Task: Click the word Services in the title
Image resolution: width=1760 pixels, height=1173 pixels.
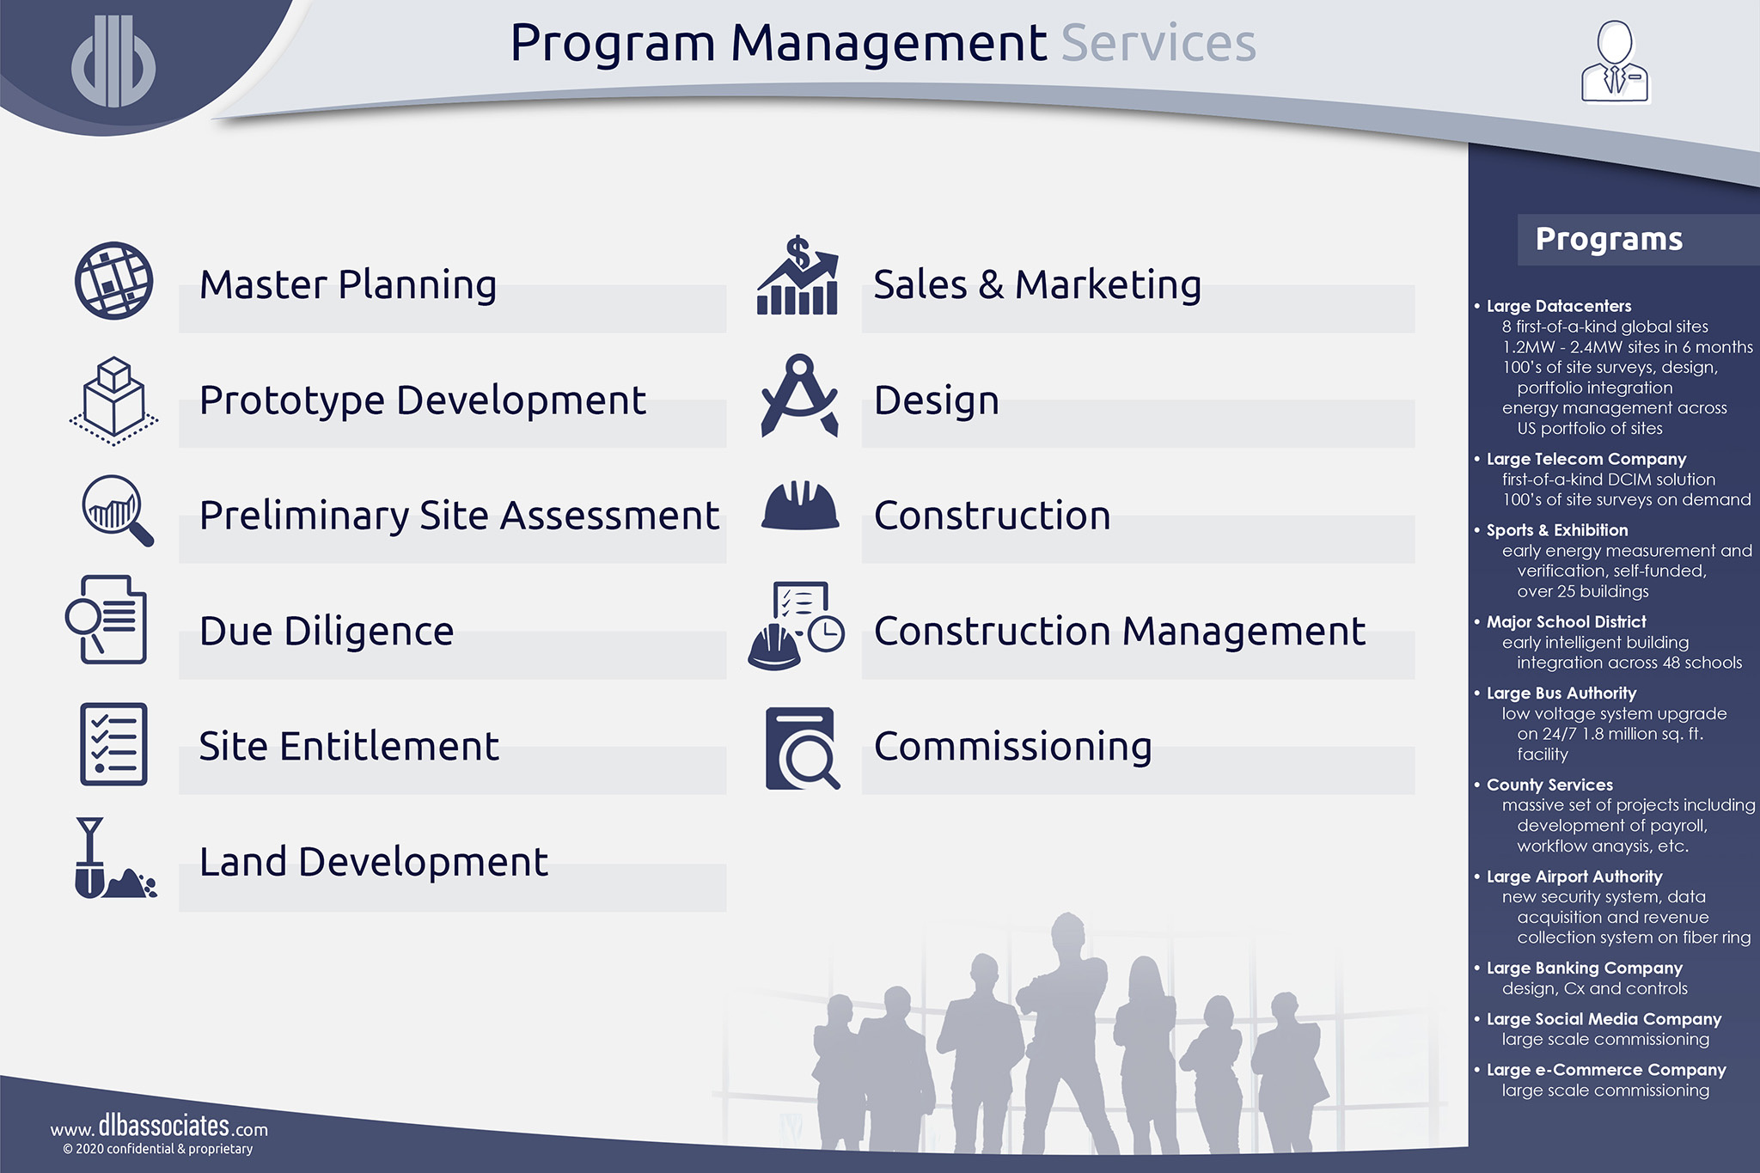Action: (x=1158, y=44)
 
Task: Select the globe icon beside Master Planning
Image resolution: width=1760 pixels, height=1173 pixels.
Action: (x=113, y=281)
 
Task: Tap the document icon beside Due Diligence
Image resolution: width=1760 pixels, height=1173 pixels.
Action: (x=107, y=620)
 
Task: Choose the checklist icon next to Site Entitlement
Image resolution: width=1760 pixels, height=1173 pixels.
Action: (x=113, y=744)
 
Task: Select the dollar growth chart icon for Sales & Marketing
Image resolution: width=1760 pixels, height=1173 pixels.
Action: (x=797, y=277)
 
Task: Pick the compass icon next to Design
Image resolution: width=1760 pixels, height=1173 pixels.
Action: (x=799, y=396)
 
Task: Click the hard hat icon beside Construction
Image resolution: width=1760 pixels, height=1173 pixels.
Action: (x=800, y=506)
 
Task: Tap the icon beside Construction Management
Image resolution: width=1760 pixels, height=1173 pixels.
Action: (x=797, y=626)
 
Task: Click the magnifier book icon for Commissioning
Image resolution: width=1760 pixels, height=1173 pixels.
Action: (x=801, y=748)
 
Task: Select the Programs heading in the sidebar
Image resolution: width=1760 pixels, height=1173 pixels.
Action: (x=1609, y=239)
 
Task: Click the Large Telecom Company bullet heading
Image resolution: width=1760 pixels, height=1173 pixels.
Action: (x=1586, y=459)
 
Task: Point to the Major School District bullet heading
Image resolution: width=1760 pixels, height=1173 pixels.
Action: (x=1566, y=621)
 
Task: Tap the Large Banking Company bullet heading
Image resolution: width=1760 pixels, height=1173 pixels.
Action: (x=1584, y=968)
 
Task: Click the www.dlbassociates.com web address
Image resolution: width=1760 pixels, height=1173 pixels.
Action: (x=159, y=1127)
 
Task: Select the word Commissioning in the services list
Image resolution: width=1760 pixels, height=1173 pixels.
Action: (x=1012, y=746)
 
